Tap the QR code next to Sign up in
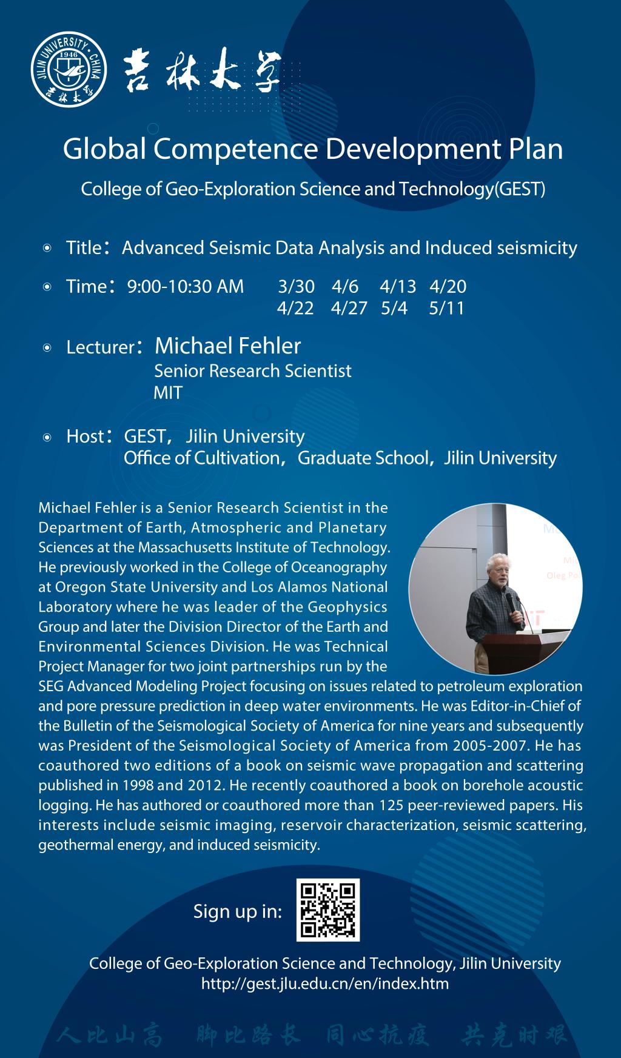point(327,909)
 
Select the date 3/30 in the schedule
point(296,286)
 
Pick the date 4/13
point(398,286)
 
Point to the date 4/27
point(349,308)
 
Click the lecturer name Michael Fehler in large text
point(227,346)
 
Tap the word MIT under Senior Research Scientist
point(167,393)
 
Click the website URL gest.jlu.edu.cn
point(325,983)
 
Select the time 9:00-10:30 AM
point(185,286)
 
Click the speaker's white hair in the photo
point(498,561)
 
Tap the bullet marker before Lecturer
point(47,348)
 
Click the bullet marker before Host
point(47,437)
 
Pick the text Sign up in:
point(237,911)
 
